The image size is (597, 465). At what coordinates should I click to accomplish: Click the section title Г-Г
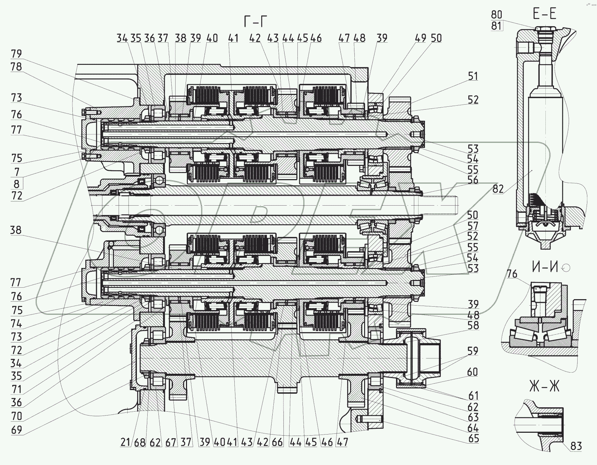255,22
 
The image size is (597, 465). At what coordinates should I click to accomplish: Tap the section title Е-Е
544,14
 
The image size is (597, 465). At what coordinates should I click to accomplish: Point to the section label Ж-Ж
544,387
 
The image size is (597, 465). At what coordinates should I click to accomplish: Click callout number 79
16,54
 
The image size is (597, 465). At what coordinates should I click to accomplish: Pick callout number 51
473,76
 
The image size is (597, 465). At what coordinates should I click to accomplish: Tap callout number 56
473,180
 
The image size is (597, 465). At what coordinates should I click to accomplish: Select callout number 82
498,189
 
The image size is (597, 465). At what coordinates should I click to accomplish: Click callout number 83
576,446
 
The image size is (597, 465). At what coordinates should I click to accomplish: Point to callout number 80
496,15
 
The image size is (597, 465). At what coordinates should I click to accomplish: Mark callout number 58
473,325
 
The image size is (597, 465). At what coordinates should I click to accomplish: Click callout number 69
16,430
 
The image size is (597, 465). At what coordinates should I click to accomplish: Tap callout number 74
16,324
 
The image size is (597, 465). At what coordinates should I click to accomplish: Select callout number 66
277,442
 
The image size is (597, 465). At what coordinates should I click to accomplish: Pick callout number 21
125,442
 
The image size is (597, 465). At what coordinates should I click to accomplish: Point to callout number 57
473,226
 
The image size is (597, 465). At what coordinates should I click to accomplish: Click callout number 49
422,38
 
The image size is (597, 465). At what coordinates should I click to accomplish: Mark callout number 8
16,184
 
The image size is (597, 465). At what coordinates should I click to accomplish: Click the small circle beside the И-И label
566,268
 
